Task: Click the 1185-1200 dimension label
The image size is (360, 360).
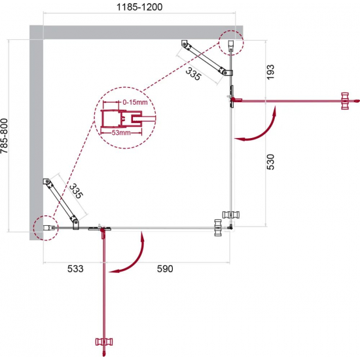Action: click(139, 7)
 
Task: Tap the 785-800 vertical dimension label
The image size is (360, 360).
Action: click(5, 135)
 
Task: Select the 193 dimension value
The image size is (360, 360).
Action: click(270, 72)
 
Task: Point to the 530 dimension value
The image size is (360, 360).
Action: click(270, 162)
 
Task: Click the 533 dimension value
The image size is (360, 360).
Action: click(75, 268)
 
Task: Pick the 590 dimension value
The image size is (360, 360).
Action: click(165, 268)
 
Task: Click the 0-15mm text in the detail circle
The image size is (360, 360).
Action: click(135, 102)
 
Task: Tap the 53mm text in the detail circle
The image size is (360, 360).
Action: click(121, 133)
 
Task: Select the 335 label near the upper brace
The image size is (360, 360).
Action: click(193, 74)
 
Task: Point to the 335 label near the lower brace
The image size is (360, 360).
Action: click(76, 191)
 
